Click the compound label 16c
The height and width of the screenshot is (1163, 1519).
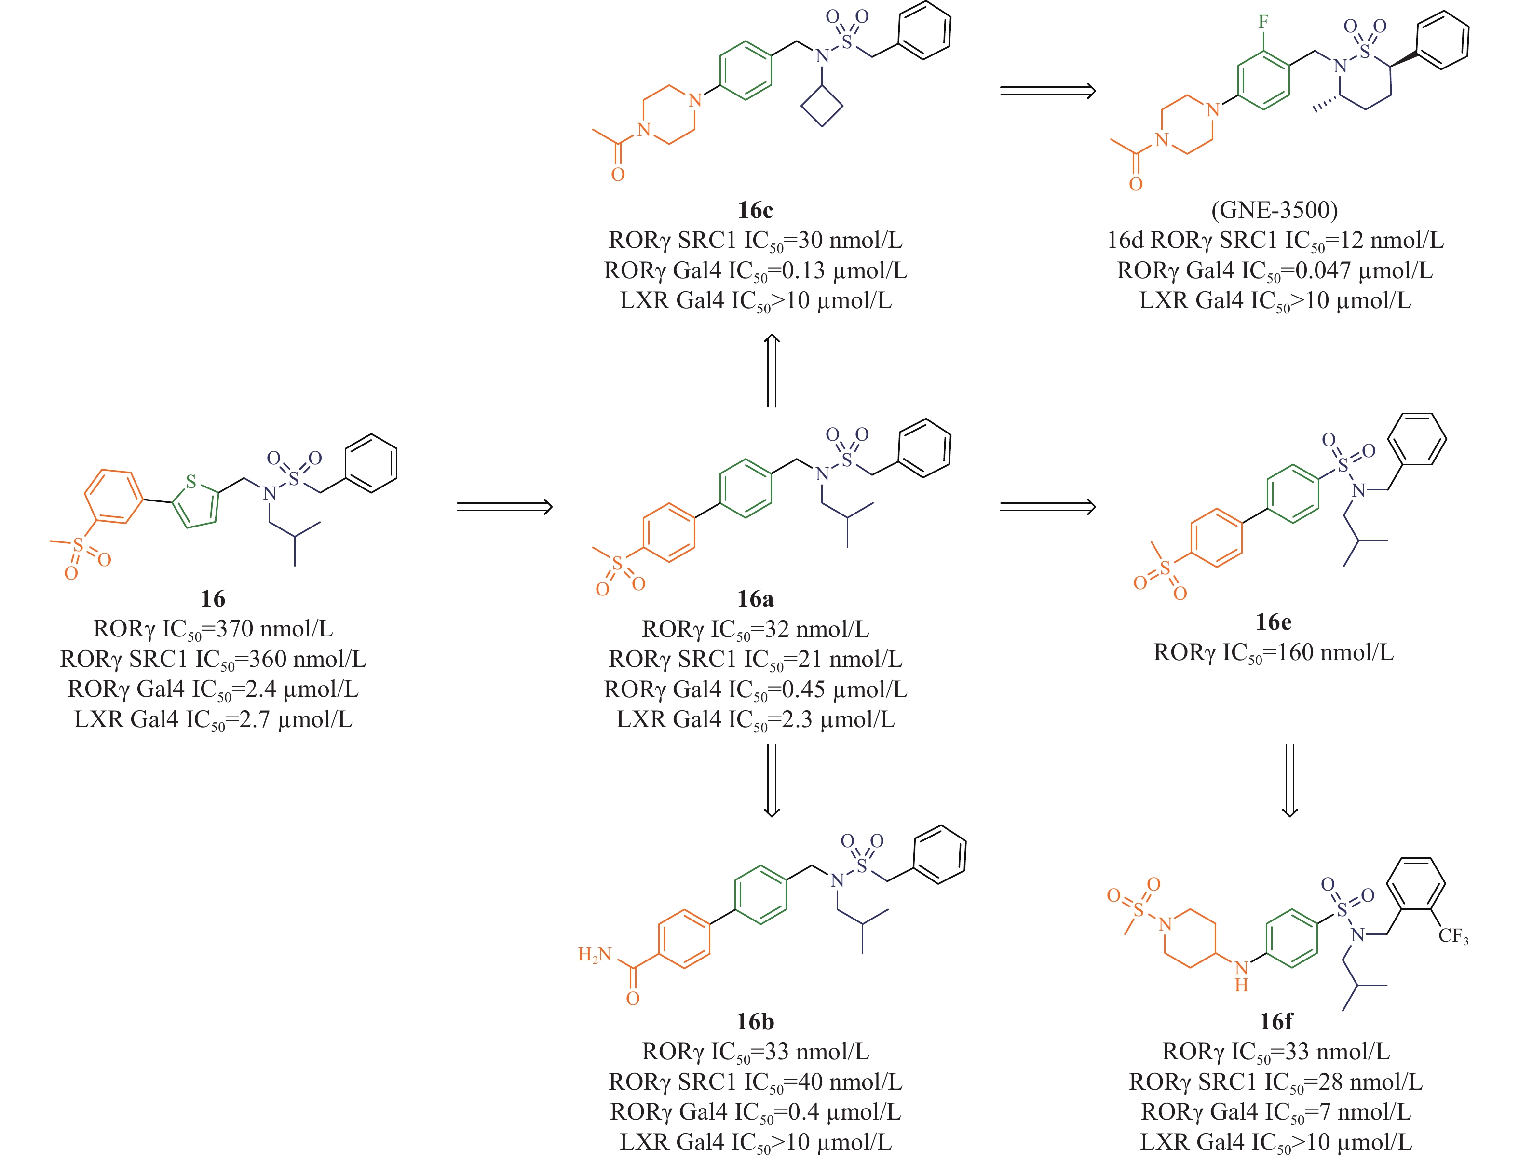tap(755, 210)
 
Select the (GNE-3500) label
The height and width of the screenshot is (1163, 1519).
tap(1274, 210)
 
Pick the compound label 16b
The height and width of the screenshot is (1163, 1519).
tap(755, 1021)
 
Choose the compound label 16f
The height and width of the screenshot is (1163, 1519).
tap(1275, 1021)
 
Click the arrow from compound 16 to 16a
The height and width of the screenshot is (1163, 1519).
tap(504, 507)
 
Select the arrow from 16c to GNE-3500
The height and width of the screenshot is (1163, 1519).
tap(1047, 91)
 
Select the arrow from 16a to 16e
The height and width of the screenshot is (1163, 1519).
tap(1047, 507)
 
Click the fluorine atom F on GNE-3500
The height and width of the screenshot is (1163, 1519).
tap(1263, 22)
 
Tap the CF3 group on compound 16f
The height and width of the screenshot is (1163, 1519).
tap(1452, 936)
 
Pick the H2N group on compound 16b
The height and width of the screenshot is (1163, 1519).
tap(595, 955)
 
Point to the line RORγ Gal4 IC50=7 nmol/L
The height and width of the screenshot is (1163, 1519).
tap(1275, 1112)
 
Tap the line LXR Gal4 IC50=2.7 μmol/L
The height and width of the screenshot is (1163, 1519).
tap(213, 719)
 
